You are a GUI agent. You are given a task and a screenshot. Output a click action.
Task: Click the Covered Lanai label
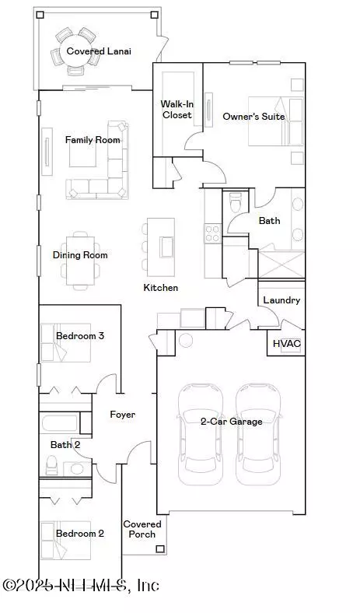[x=99, y=51]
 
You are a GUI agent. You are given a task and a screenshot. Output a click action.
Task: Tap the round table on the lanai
[x=75, y=51]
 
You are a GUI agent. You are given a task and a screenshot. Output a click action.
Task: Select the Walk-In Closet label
[x=177, y=110]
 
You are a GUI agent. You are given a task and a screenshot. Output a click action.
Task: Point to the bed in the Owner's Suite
[x=275, y=121]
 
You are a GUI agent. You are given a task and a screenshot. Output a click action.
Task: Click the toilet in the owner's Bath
[x=236, y=201]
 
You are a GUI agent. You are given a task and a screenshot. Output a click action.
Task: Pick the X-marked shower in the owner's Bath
[x=281, y=264]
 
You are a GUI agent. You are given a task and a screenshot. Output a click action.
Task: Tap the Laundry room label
[x=281, y=300]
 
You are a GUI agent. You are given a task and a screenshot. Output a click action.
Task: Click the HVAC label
[x=286, y=344]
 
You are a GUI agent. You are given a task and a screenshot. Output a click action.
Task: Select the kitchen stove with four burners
[x=212, y=233]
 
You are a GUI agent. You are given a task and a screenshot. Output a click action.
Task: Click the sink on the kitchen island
[x=166, y=247]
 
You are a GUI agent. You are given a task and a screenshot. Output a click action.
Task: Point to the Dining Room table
[x=81, y=261]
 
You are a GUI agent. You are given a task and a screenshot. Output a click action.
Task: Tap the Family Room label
[x=93, y=140]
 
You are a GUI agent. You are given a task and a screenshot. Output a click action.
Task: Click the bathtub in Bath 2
[x=60, y=422]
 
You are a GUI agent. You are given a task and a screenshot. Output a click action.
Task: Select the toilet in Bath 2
[x=51, y=465]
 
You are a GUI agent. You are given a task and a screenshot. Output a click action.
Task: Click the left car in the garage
[x=201, y=434]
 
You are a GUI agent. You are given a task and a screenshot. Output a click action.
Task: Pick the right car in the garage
[x=258, y=434]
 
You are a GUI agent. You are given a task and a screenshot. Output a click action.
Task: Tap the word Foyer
[x=123, y=415]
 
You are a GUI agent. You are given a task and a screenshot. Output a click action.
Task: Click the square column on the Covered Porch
[x=160, y=548]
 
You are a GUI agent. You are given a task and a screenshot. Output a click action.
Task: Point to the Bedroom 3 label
[x=80, y=336]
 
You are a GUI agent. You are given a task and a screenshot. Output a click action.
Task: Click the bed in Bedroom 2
[x=65, y=541]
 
